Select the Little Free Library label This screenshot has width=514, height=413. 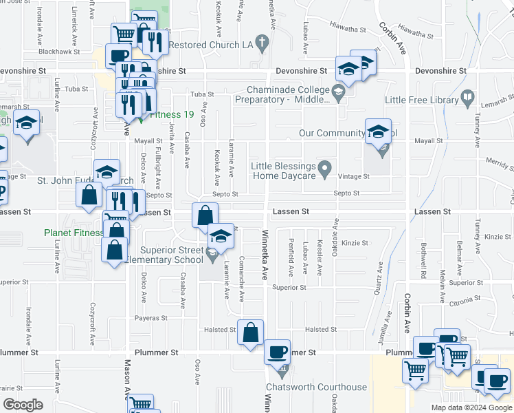pyautogui.click(x=421, y=100)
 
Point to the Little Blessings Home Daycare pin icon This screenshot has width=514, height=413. pyautogui.click(x=326, y=167)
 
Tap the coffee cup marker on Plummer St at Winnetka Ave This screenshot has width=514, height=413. pyautogui.click(x=278, y=352)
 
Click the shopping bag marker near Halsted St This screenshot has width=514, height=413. pyautogui.click(x=251, y=332)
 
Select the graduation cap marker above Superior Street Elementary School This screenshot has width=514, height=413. pyautogui.click(x=221, y=237)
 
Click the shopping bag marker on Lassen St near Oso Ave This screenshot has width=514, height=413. pyautogui.click(x=205, y=215)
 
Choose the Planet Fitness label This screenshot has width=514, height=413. pyautogui.click(x=72, y=233)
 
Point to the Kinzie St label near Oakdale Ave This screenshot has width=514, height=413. pyautogui.click(x=355, y=243)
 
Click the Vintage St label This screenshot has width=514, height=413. pyautogui.click(x=356, y=177)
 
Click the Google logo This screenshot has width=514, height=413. pyautogui.click(x=23, y=405)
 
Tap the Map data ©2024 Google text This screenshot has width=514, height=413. pyautogui.click(x=471, y=407)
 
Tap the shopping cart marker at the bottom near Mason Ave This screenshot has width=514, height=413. pyautogui.click(x=141, y=405)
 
